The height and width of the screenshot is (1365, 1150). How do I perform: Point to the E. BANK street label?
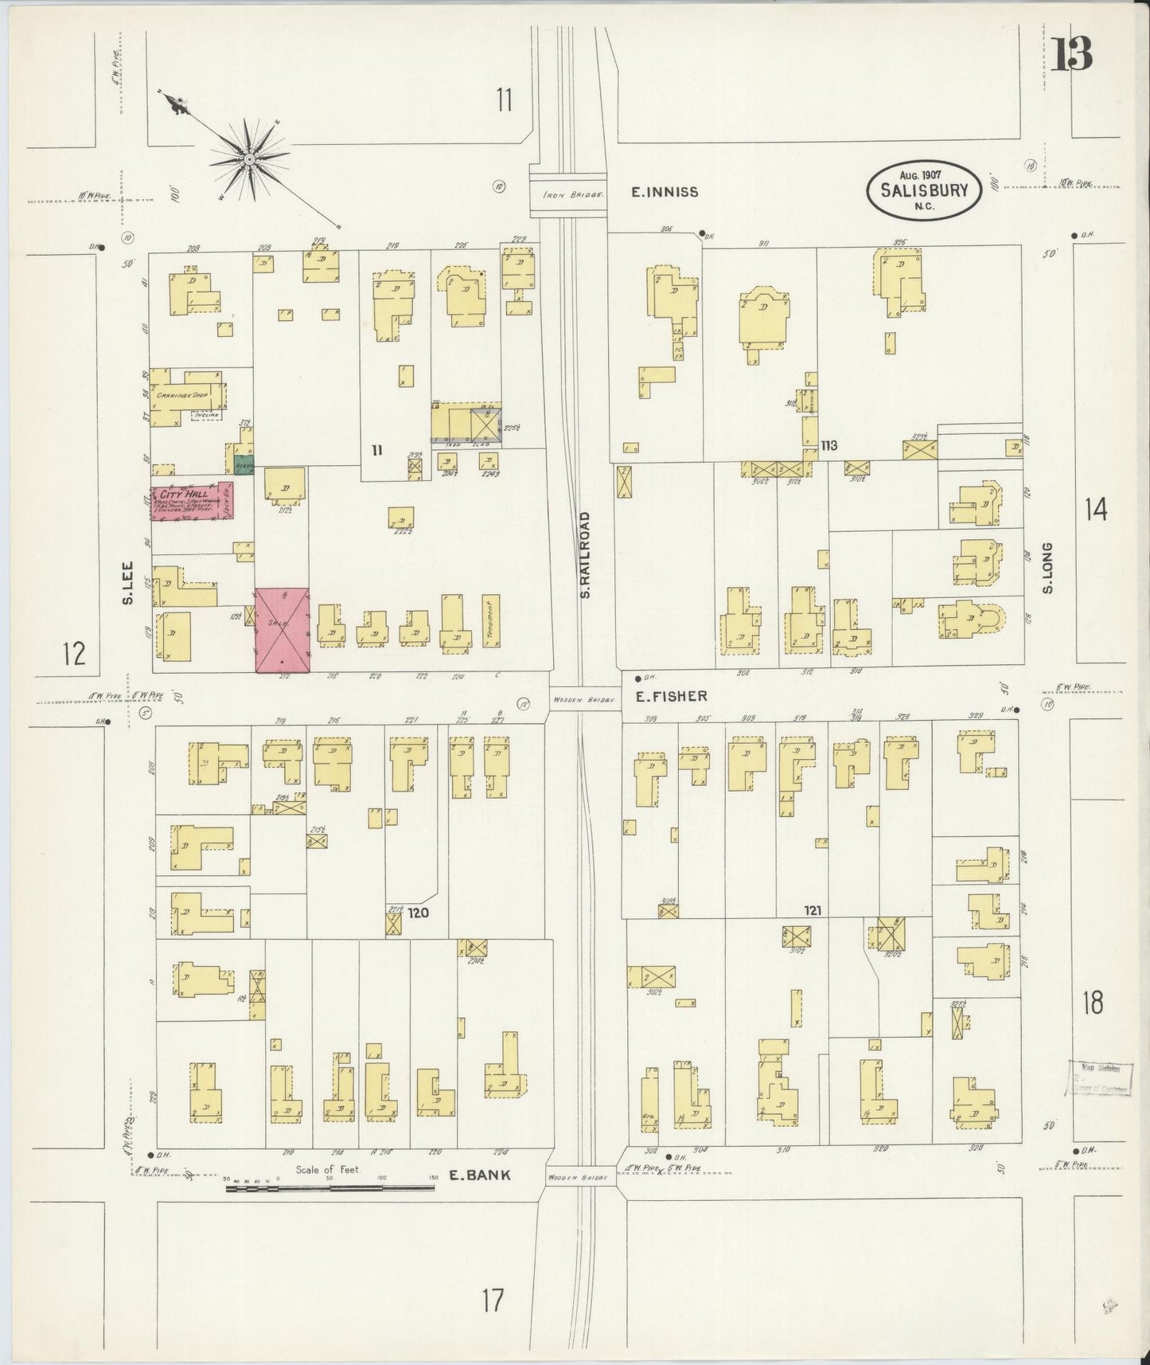(478, 1175)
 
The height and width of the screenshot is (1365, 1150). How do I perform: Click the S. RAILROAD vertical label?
(585, 555)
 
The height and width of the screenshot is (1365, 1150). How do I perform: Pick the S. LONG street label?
(1047, 568)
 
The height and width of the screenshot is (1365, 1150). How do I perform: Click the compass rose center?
(250, 159)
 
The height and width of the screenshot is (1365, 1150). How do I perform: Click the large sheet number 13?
(1070, 56)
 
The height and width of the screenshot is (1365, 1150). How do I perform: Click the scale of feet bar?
(329, 1188)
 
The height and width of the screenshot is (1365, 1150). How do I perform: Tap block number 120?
(419, 913)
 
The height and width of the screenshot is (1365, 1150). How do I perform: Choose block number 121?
(813, 910)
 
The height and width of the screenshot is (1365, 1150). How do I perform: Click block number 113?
(829, 446)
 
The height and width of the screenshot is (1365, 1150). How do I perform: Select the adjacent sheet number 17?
(493, 1301)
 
